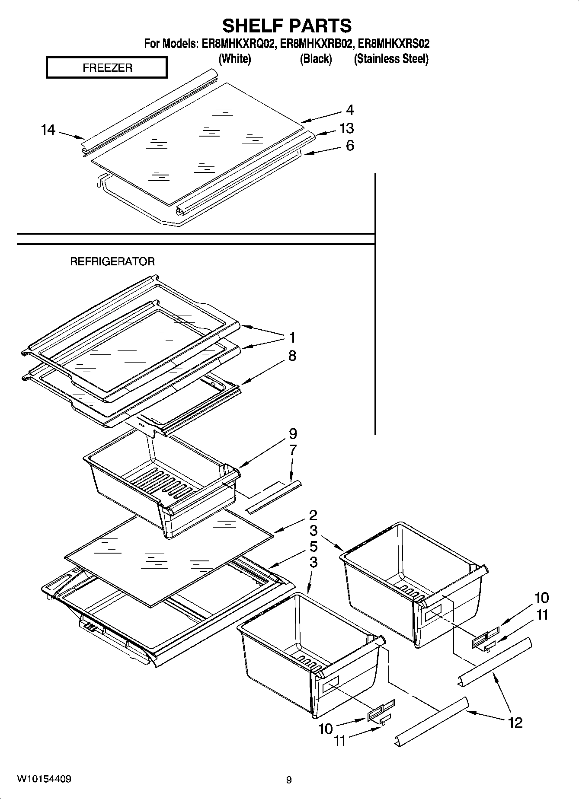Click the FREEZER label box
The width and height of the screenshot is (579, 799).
pyautogui.click(x=106, y=68)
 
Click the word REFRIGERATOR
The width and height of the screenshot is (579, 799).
pyautogui.click(x=112, y=261)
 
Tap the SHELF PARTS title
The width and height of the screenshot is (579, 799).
pyautogui.click(x=287, y=25)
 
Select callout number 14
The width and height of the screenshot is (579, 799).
pyautogui.click(x=48, y=130)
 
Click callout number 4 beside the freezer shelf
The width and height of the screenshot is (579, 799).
pyautogui.click(x=350, y=110)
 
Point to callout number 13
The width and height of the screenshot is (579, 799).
pyautogui.click(x=346, y=128)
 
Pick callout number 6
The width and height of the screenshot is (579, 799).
pyautogui.click(x=349, y=146)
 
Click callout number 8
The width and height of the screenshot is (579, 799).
pyautogui.click(x=292, y=356)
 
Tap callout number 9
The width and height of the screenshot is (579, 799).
pyautogui.click(x=293, y=433)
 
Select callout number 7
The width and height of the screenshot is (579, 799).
pyautogui.click(x=293, y=450)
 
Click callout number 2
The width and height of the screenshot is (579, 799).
pyautogui.click(x=313, y=515)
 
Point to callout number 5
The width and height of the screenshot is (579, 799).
pyautogui.click(x=313, y=547)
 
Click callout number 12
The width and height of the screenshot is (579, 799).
pyautogui.click(x=515, y=722)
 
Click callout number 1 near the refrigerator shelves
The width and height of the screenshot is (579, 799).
pyautogui.click(x=292, y=337)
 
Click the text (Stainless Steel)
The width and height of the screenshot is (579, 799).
pyautogui.click(x=391, y=59)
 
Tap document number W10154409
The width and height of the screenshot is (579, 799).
pyautogui.click(x=44, y=779)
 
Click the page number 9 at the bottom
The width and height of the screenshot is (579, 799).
pyautogui.click(x=289, y=780)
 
